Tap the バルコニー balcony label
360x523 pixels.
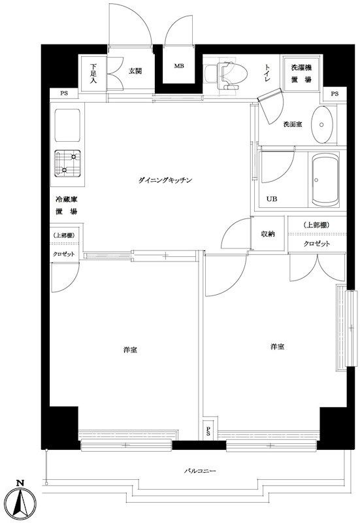[199, 471]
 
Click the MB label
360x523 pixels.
[178, 66]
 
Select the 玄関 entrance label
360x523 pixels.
[135, 71]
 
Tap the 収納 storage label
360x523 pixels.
[267, 234]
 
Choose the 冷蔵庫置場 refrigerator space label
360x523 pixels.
[65, 206]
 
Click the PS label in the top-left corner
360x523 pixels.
[63, 94]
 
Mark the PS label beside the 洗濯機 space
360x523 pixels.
[335, 94]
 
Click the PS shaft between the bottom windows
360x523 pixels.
[208, 430]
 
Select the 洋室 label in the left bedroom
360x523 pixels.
[129, 350]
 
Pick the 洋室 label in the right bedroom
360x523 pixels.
[276, 346]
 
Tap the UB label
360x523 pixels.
[270, 199]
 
